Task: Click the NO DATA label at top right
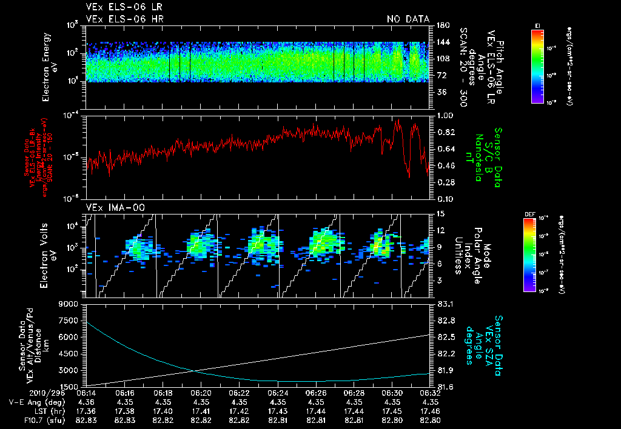(408, 19)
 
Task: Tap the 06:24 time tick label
(277, 393)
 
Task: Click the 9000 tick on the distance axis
(70, 304)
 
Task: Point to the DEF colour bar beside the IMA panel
(529, 254)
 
